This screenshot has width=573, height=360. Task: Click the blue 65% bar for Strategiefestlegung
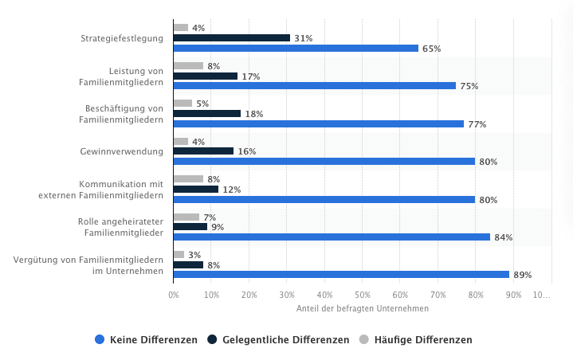tap(295, 49)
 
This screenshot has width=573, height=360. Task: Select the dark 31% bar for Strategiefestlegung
tap(231, 38)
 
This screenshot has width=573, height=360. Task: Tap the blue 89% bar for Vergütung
tap(340, 275)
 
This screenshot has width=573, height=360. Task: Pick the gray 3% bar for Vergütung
tap(179, 255)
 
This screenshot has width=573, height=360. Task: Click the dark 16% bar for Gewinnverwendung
tap(203, 151)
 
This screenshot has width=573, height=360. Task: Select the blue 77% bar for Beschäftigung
tap(318, 124)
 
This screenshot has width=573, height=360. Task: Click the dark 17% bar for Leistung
tap(205, 76)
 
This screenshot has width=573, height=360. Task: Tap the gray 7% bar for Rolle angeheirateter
tap(186, 217)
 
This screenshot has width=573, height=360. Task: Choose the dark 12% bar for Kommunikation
tap(195, 190)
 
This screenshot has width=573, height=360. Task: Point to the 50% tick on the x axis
tap(362, 295)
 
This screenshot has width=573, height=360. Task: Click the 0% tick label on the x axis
tap(174, 295)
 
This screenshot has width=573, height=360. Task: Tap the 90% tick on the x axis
tap(513, 295)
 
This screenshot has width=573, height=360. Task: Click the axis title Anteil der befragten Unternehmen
tap(362, 309)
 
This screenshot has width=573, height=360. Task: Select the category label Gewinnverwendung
tap(122, 151)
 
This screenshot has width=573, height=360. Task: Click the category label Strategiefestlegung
tap(122, 38)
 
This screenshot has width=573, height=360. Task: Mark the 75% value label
tap(469, 86)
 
